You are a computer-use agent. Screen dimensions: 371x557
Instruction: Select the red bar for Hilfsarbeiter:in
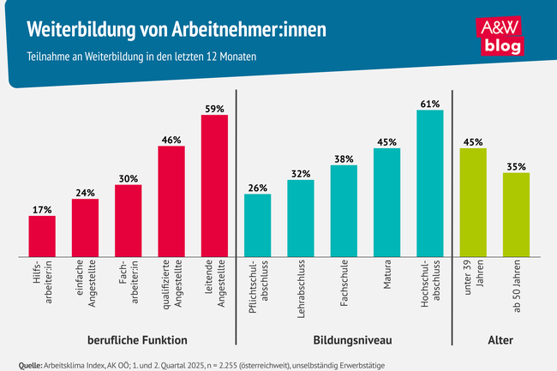(42, 236)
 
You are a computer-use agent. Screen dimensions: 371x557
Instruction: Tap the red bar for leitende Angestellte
(214, 185)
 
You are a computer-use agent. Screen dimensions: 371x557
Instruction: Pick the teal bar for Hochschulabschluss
(430, 183)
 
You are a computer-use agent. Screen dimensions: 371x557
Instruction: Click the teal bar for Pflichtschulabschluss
(257, 224)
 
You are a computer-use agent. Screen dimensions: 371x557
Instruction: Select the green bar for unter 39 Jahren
(473, 202)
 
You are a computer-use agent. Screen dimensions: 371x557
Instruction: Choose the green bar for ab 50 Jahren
(516, 214)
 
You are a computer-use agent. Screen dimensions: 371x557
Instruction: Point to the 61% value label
(430, 104)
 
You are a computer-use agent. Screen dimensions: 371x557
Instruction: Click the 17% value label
(42, 209)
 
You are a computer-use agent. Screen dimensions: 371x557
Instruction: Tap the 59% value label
(214, 109)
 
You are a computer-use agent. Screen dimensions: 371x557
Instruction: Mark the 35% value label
(516, 166)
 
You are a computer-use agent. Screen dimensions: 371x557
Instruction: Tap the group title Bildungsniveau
(344, 338)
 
